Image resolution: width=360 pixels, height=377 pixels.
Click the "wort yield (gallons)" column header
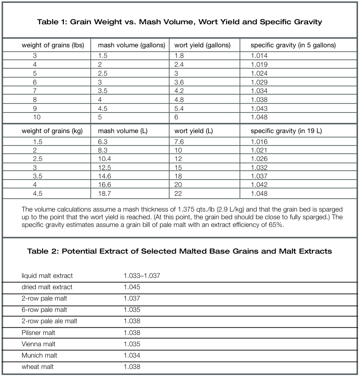coord(202,45)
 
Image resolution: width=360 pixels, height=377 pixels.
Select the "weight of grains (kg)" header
coord(52,131)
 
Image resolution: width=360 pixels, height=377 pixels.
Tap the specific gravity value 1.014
coord(259,56)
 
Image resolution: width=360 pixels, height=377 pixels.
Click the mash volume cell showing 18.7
coord(105,193)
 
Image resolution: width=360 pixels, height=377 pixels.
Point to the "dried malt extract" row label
coord(47,287)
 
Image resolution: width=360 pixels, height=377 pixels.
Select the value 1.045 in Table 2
coord(132,287)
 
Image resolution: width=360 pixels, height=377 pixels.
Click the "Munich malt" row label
coord(40,356)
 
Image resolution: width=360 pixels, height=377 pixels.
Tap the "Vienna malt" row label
coord(39,344)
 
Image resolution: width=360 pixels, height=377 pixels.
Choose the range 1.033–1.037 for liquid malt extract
coord(142,276)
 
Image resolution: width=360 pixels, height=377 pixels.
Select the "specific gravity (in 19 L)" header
coord(286,131)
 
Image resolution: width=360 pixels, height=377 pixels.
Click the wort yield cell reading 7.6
coord(180,142)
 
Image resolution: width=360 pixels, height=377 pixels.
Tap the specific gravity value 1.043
coord(259,108)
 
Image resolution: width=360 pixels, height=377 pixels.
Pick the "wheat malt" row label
coord(38,367)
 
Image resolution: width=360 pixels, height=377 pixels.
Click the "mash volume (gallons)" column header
coord(132,45)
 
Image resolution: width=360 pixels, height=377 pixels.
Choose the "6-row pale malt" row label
coord(44,310)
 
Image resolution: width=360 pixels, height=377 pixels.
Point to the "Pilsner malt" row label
coord(38,333)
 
